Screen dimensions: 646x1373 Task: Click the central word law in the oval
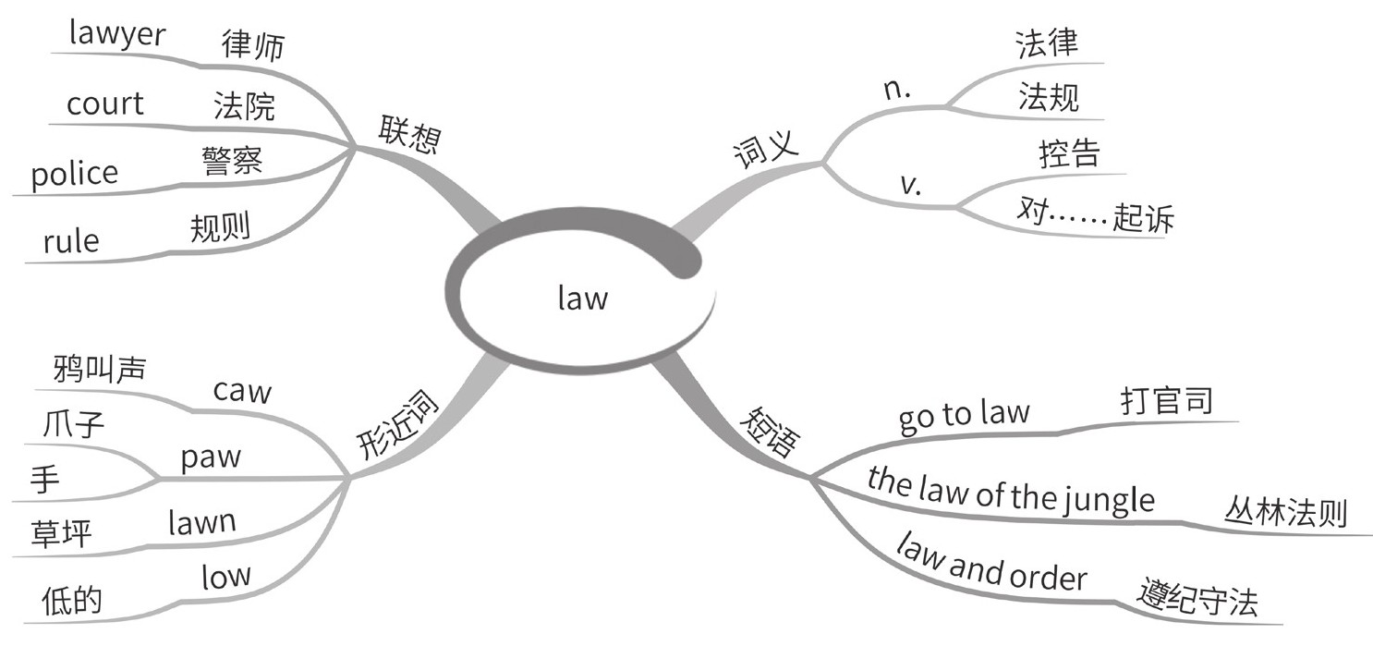(x=583, y=299)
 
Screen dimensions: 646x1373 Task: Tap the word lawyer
(x=117, y=35)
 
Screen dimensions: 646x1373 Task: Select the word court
(x=104, y=104)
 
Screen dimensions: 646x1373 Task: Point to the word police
(x=75, y=174)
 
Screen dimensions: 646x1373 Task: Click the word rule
(x=70, y=241)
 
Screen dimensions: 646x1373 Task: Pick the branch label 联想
(x=409, y=137)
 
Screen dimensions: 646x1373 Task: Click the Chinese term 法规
(x=1049, y=97)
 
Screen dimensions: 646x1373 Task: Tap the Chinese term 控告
(x=1069, y=154)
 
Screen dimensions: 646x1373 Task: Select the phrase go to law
(x=964, y=415)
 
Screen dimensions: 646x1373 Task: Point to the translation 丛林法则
(x=1286, y=510)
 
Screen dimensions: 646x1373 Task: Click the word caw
(x=242, y=391)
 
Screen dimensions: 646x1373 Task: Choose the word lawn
(x=202, y=523)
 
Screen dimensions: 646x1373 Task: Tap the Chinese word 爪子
(x=74, y=428)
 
